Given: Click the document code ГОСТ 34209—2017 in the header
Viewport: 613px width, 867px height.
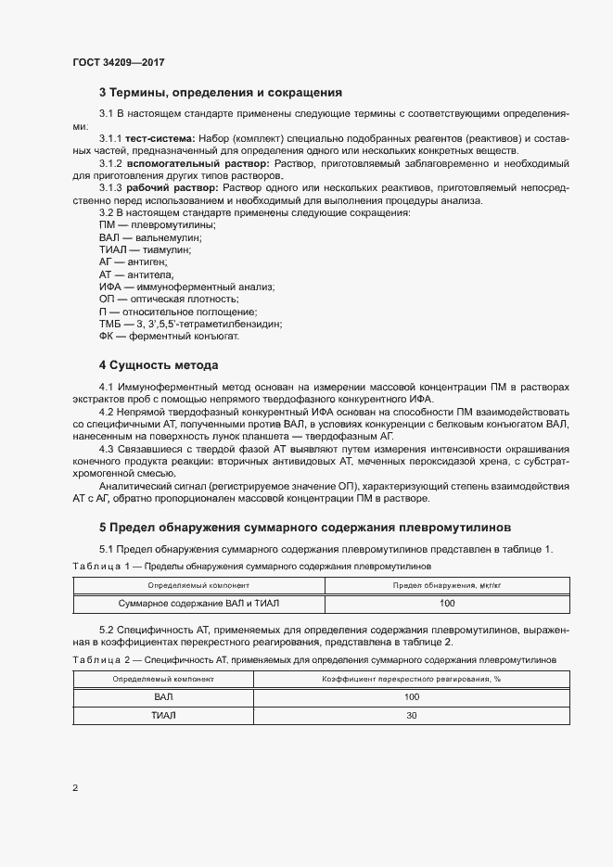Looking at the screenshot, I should pyautogui.click(x=119, y=62).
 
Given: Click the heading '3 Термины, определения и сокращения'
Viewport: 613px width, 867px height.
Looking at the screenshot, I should pyautogui.click(x=221, y=93).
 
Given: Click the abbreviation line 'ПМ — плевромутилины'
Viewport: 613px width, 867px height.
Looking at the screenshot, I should pyautogui.click(x=158, y=225).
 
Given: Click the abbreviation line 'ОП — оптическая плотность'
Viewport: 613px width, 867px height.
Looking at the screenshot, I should pyautogui.click(x=168, y=300).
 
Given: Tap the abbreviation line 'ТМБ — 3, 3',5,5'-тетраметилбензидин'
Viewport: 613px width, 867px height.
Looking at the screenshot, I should pyautogui.click(x=190, y=325).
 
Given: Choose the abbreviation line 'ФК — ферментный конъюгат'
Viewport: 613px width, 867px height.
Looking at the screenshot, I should pyautogui.click(x=169, y=337).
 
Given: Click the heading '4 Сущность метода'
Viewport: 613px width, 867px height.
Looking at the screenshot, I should pyautogui.click(x=159, y=364).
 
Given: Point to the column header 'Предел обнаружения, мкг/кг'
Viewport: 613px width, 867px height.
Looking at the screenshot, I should pyautogui.click(x=447, y=586).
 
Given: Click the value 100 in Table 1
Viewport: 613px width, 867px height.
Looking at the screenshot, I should pyautogui.click(x=447, y=604).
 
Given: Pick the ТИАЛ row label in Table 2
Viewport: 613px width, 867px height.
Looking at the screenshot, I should pyautogui.click(x=164, y=716).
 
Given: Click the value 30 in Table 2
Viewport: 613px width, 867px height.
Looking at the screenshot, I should pyautogui.click(x=412, y=716).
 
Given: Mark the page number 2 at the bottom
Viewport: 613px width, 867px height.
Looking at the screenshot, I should pyautogui.click(x=75, y=789).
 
